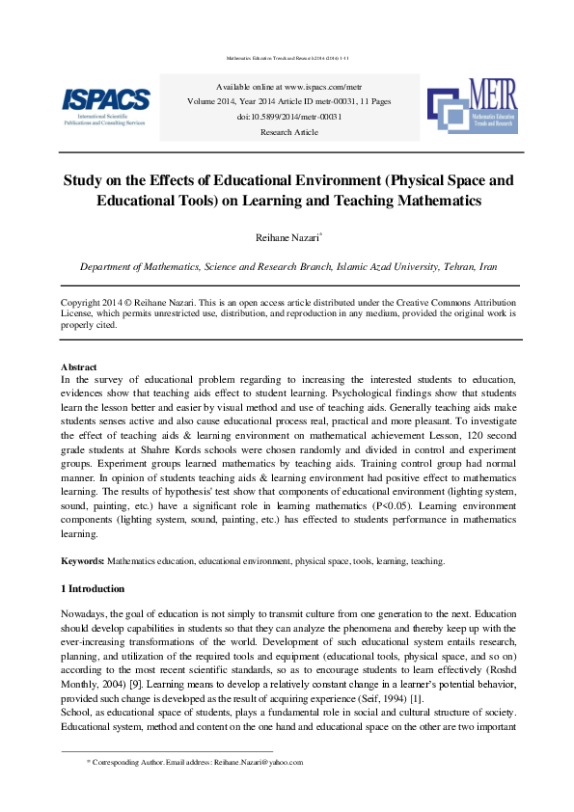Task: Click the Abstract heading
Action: pyautogui.click(x=78, y=367)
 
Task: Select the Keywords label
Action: pyautogui.click(x=82, y=560)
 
